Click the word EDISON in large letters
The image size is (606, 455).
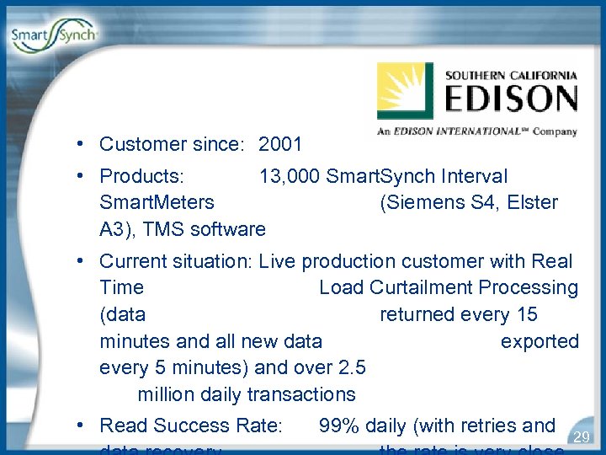pos(511,99)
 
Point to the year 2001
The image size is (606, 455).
pos(280,144)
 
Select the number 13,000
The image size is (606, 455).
pos(290,177)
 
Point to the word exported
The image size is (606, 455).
pos(540,342)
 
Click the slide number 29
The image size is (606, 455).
pos(580,436)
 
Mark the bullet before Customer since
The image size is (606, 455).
pos(77,144)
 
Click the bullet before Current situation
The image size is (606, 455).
pos(77,262)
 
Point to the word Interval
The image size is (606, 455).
pos(475,177)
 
